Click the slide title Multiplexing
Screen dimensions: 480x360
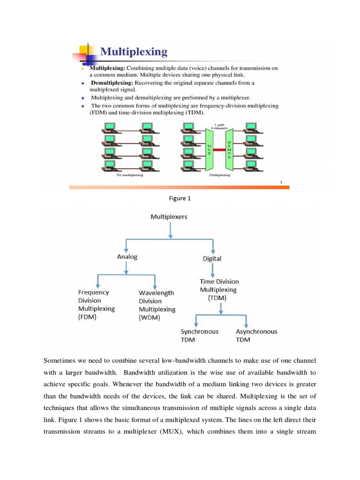(134, 51)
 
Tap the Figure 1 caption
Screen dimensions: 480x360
(180, 198)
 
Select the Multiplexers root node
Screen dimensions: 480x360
(169, 217)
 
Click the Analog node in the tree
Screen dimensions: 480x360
(127, 256)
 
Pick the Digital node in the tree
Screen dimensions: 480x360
(212, 258)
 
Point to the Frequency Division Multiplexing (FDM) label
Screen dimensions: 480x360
(97, 305)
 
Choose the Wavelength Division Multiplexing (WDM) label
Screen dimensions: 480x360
(157, 305)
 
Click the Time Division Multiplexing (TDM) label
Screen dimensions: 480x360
(219, 290)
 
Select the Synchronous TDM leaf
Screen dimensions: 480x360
(199, 335)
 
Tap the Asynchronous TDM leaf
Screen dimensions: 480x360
(256, 335)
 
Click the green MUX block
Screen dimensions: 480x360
(209, 150)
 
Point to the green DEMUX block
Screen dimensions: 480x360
(229, 150)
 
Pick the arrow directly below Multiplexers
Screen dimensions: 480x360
(170, 230)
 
